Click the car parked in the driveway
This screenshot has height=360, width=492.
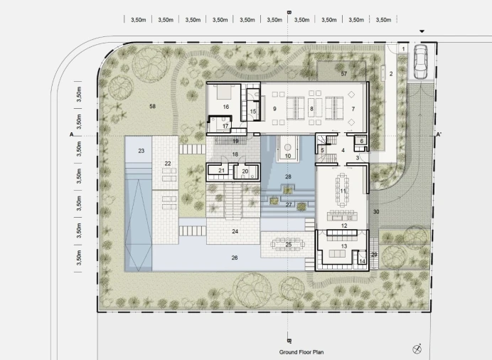(x=420, y=61)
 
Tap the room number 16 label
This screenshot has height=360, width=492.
(x=226, y=107)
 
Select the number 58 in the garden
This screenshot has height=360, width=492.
(x=152, y=107)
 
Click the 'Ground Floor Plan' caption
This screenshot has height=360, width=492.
(x=301, y=352)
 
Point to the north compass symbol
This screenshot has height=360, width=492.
(x=417, y=349)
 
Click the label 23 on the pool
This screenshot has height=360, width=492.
(x=141, y=151)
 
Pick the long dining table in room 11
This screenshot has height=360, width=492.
(x=342, y=190)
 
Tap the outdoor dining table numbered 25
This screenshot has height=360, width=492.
(x=289, y=245)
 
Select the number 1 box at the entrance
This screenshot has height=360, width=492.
(x=403, y=49)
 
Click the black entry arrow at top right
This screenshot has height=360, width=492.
(x=422, y=31)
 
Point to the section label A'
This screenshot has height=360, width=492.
(x=439, y=135)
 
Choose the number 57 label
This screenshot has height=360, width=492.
(x=344, y=74)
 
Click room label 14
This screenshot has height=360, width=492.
(x=362, y=261)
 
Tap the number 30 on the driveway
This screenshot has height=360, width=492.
(x=376, y=212)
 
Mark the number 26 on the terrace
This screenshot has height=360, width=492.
(x=235, y=258)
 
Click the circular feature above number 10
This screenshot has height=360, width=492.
(x=288, y=147)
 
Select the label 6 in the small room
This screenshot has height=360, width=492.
(x=361, y=142)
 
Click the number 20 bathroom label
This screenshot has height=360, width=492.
(x=245, y=171)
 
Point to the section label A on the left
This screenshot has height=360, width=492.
(x=72, y=134)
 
